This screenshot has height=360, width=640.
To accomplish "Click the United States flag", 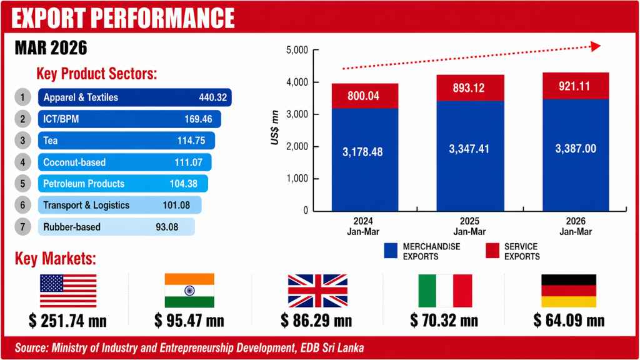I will (x=68, y=291).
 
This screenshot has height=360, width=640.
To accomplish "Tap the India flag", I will (x=189, y=291).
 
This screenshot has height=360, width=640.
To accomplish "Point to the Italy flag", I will (x=444, y=291).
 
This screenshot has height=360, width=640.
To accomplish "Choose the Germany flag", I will (x=569, y=291).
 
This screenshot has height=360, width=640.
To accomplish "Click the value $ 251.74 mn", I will (x=68, y=321).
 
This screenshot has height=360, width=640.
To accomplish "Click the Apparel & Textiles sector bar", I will (x=135, y=97).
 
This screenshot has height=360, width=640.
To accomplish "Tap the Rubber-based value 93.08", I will (x=167, y=227).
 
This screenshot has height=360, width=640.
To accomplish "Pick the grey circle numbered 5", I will (x=22, y=184).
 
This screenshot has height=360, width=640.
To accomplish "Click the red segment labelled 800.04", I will (x=356, y=96).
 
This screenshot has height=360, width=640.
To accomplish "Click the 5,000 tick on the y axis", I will (x=296, y=50).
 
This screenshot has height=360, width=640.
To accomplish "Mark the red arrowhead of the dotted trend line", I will (x=596, y=47).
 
